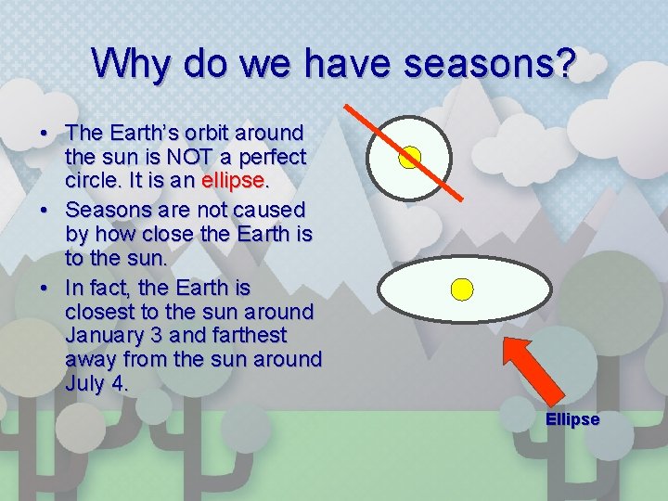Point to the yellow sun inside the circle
[409, 157]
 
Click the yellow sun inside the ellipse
[461, 289]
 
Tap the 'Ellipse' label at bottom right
[572, 419]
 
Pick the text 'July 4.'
[96, 381]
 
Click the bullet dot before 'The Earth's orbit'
[45, 132]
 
